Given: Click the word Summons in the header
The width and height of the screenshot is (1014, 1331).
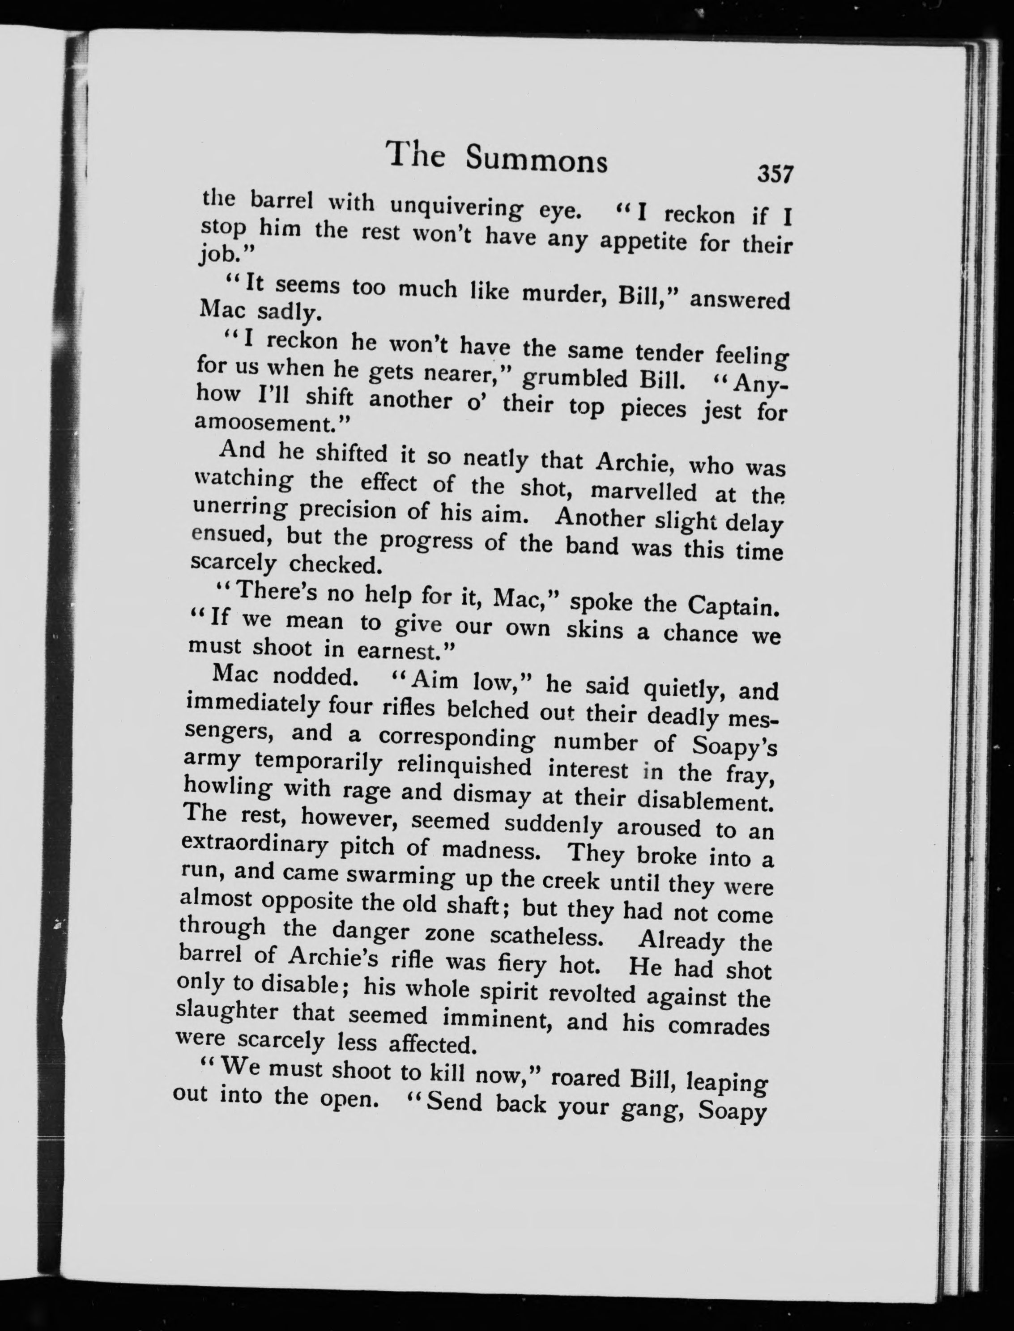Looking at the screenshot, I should click(537, 161).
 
